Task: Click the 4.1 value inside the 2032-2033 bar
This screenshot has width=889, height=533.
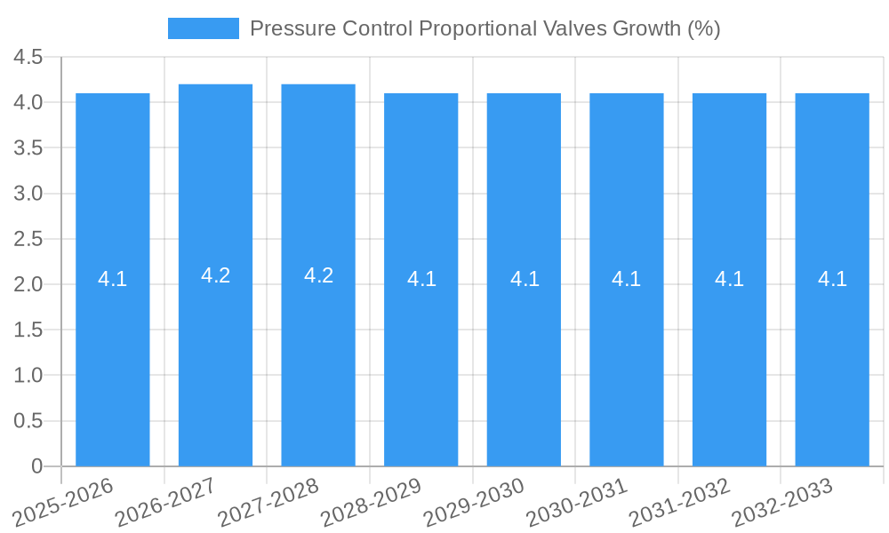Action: point(832,279)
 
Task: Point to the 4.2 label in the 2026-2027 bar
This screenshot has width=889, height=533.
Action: point(215,275)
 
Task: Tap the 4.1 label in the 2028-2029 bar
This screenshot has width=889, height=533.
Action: point(421,279)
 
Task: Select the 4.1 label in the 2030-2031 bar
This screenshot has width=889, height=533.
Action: point(627,279)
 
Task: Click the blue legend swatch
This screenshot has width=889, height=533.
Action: point(204,28)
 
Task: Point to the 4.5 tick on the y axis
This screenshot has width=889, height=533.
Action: point(28,57)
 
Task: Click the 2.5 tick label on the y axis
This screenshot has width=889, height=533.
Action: point(28,239)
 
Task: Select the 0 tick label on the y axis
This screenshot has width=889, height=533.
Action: point(36,465)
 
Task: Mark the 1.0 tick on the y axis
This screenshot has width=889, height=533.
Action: point(28,375)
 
